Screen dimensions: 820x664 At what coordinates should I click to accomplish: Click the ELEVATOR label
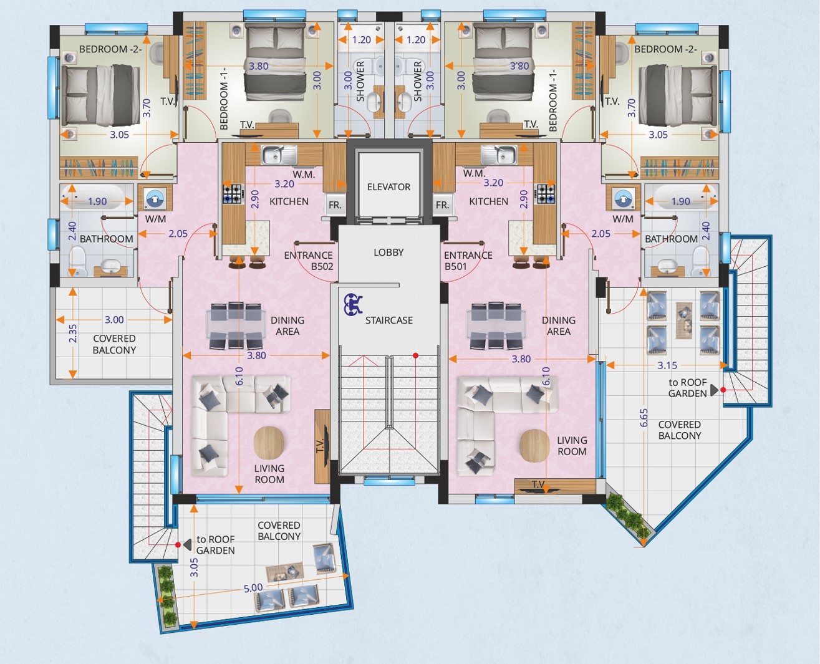[388, 187]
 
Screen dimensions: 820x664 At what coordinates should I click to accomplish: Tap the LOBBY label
[388, 253]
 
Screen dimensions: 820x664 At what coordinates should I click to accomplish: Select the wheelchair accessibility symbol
[353, 304]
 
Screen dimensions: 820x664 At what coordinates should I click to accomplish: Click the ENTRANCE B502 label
[309, 261]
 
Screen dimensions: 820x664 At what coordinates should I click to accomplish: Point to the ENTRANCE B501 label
[468, 261]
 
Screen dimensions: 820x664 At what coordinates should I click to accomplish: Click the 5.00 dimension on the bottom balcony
[253, 588]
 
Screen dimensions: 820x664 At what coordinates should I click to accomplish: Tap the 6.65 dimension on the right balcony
[644, 418]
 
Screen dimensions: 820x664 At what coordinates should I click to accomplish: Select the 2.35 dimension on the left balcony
[73, 334]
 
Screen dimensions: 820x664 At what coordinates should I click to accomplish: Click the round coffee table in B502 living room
[269, 443]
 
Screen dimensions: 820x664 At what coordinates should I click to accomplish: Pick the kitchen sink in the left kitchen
[279, 155]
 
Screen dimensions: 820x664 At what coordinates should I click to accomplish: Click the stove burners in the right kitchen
[546, 194]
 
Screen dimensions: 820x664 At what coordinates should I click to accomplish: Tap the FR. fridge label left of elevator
[335, 205]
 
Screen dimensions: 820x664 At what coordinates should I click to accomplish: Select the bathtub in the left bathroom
[97, 196]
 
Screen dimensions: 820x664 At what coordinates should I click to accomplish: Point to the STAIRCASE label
[389, 320]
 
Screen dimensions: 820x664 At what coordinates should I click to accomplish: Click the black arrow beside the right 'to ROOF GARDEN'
[714, 390]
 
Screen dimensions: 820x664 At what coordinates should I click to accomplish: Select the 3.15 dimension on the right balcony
[667, 365]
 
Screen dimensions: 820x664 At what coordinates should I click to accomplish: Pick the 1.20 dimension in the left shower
[362, 40]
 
